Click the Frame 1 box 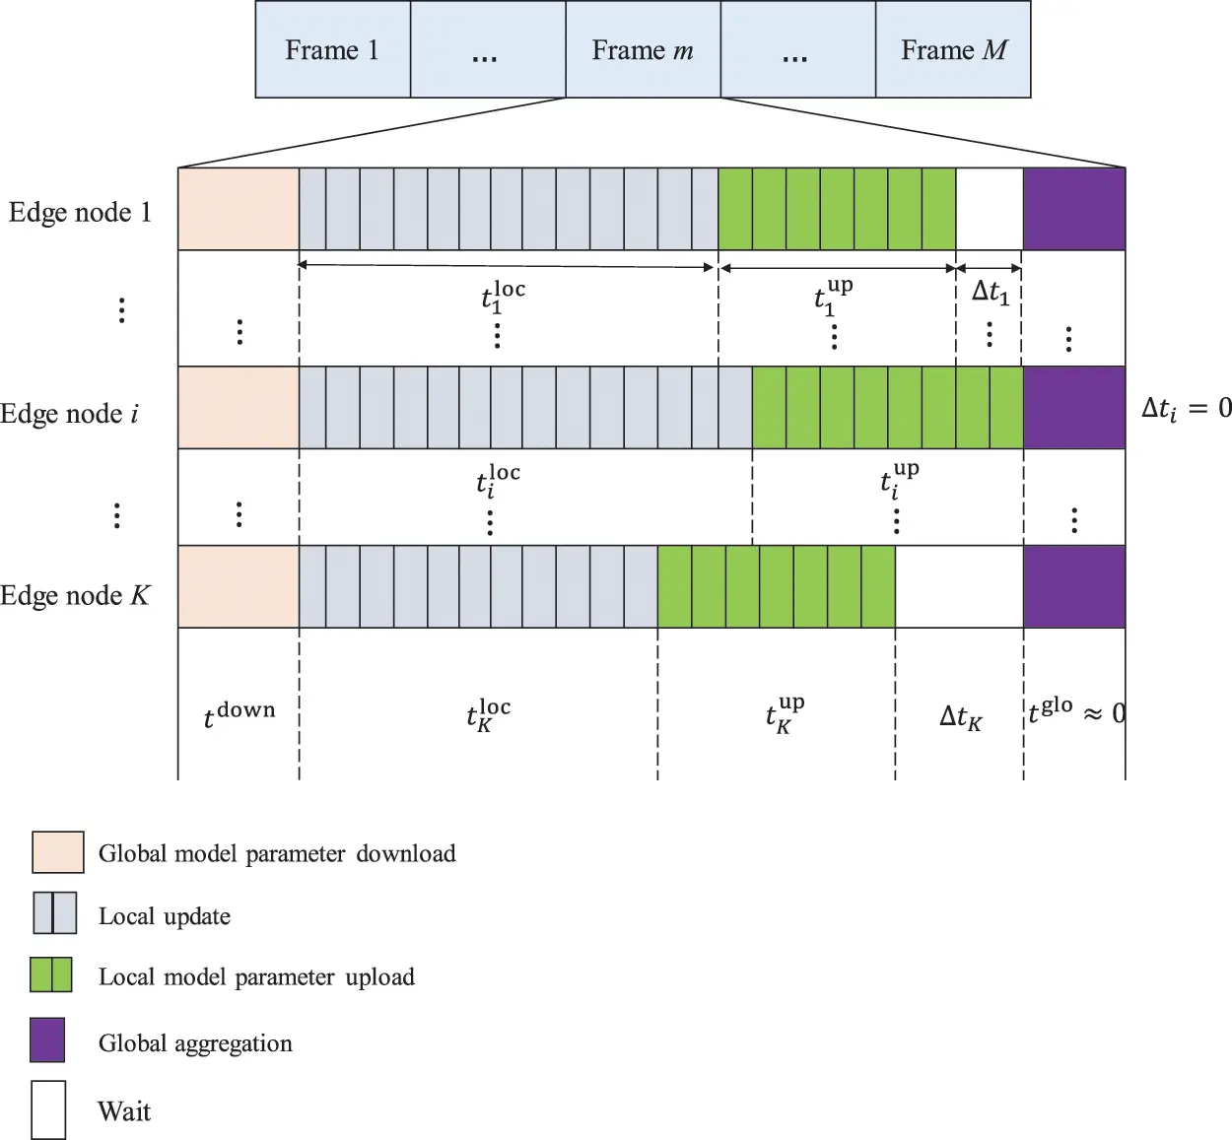(x=332, y=50)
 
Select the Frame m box (x=643, y=50)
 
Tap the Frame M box (x=953, y=50)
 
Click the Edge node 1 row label (x=80, y=213)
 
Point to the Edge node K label (x=75, y=596)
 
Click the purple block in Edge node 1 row (x=1073, y=209)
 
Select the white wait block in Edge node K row (x=959, y=587)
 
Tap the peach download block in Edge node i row (x=239, y=408)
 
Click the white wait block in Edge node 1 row (x=990, y=209)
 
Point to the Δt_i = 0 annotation (x=1186, y=408)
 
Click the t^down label (x=239, y=714)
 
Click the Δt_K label (x=960, y=717)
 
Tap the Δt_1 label (x=991, y=293)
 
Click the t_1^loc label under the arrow (x=503, y=296)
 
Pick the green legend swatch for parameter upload (x=51, y=974)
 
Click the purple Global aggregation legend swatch (x=47, y=1039)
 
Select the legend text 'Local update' (x=165, y=916)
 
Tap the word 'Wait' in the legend (x=124, y=1111)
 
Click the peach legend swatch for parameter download (x=57, y=852)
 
